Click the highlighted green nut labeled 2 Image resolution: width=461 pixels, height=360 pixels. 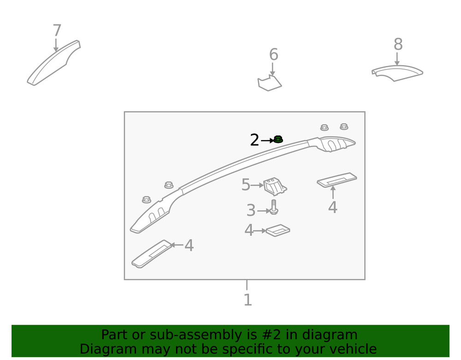[x=278, y=139]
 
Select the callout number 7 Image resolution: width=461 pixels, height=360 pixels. [x=57, y=30]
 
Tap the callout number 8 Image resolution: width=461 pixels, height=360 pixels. [x=398, y=44]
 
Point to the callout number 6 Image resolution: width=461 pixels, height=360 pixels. [x=273, y=54]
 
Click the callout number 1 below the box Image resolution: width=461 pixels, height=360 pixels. [x=248, y=300]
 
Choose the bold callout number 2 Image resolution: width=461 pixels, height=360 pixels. [x=254, y=140]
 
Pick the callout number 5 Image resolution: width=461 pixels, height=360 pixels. [x=246, y=185]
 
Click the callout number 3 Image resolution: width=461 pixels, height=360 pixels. [x=251, y=210]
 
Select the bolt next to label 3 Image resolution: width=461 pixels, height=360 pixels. [x=274, y=207]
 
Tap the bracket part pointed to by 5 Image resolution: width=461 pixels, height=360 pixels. [x=275, y=186]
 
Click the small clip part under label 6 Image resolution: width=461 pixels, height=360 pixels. [x=269, y=83]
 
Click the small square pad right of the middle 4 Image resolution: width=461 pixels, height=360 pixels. [x=278, y=230]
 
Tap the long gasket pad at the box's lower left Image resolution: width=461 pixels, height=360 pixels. [x=152, y=254]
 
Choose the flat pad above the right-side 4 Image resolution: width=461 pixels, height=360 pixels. [x=337, y=180]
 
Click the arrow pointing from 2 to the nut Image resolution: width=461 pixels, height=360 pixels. [x=267, y=141]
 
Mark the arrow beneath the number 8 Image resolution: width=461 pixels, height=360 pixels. [x=397, y=59]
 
